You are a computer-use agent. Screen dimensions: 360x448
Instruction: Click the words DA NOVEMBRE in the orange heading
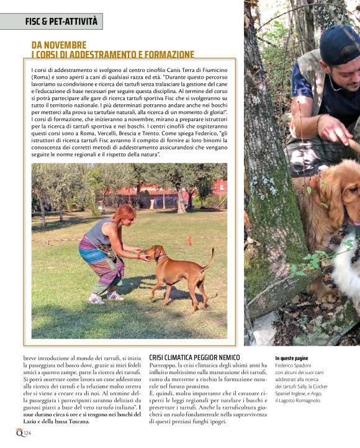[x=59, y=45]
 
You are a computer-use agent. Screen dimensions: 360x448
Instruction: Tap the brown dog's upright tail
[x=210, y=258]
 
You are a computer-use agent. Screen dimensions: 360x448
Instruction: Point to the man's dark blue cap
[x=339, y=45]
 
